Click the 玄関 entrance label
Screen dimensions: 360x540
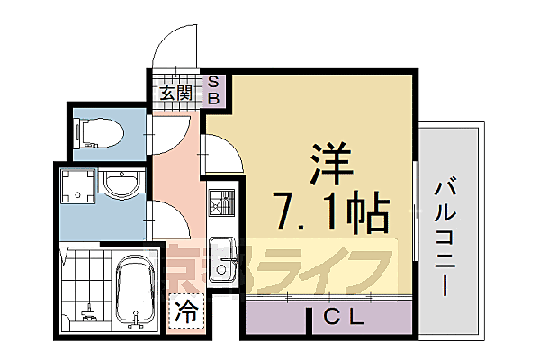[x=176, y=92]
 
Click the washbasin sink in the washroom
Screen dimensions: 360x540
[x=119, y=184]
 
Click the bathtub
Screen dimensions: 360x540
[x=136, y=290]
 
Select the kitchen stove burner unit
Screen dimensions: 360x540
[x=221, y=206]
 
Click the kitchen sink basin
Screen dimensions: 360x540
[x=220, y=250]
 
